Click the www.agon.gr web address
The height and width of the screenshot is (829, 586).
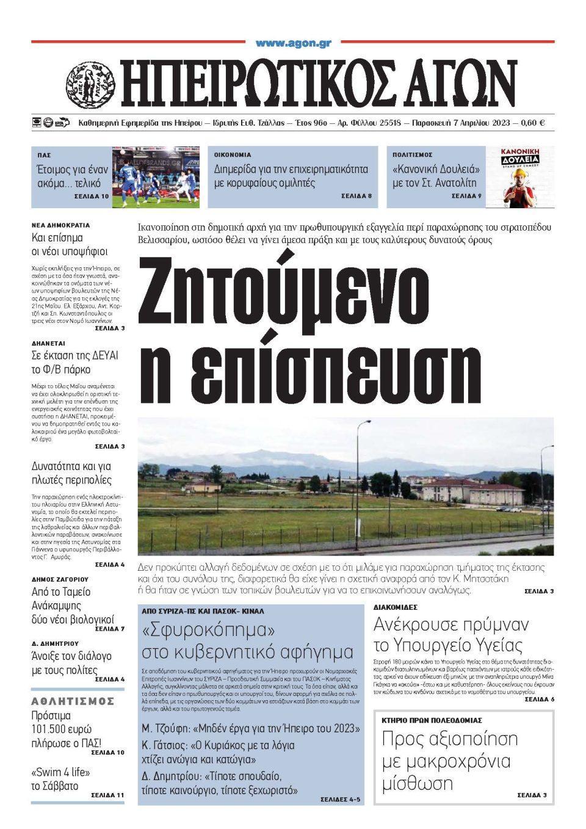coord(293,43)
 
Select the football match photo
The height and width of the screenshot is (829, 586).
coord(156,176)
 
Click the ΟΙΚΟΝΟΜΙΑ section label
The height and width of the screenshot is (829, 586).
coord(233,155)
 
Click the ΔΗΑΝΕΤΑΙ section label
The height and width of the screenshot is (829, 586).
coord(48,343)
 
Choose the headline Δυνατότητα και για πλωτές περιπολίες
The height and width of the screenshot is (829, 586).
coord(71,473)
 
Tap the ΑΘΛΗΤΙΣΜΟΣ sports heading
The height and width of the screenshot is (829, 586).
coord(73,701)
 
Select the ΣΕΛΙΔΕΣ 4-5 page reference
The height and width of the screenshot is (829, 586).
coord(340,799)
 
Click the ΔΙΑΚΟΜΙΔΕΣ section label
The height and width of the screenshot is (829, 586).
coord(395,607)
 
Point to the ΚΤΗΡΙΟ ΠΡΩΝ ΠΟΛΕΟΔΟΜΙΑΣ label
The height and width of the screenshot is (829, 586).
coord(432,720)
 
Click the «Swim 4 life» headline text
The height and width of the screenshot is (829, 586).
coord(60,772)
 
